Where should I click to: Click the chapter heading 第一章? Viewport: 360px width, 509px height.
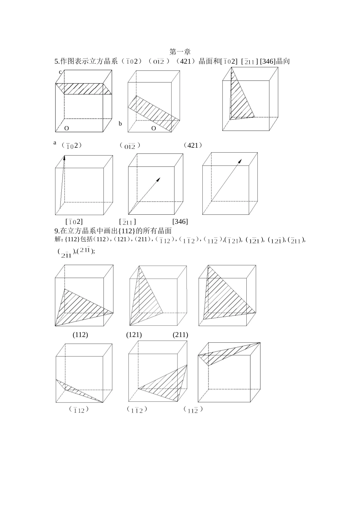(x=180, y=52)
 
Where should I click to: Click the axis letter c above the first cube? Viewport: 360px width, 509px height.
(x=60, y=72)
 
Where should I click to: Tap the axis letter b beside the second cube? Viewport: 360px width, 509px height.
(x=120, y=123)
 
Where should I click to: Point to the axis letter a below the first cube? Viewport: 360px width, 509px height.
(x=55, y=143)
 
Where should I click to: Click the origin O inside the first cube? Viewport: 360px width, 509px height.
(x=67, y=128)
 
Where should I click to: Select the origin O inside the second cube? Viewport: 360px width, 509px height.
(x=153, y=128)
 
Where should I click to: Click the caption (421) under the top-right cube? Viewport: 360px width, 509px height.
(x=193, y=145)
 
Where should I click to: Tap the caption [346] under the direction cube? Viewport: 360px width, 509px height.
(x=180, y=222)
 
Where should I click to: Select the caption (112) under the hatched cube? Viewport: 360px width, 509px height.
(x=80, y=335)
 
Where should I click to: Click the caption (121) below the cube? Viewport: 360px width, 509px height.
(x=134, y=335)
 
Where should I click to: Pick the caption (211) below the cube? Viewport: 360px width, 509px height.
(x=180, y=335)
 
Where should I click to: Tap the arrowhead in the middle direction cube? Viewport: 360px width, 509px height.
(x=158, y=179)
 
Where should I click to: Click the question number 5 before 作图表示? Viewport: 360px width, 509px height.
(x=56, y=61)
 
